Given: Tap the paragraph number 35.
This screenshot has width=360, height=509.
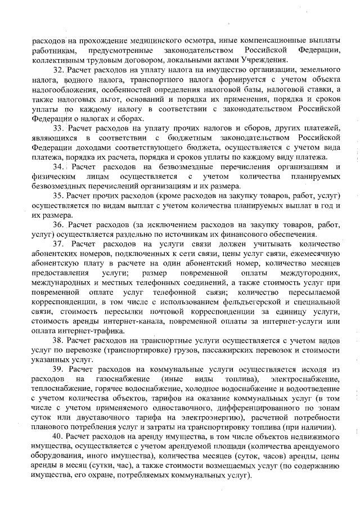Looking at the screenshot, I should click(x=58, y=196).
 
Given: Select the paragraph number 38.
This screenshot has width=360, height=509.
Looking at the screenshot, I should click(x=58, y=340).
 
